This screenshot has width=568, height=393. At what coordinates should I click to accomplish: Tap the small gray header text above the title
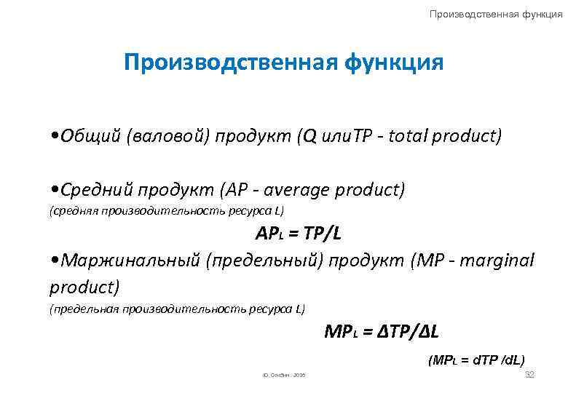[x=496, y=14]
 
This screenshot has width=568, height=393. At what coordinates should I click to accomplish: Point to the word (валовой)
[x=167, y=138]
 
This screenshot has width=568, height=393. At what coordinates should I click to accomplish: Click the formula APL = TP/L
[x=298, y=235]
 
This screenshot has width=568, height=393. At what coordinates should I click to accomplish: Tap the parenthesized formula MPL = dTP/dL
[x=477, y=360]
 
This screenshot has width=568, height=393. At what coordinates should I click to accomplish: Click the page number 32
[x=529, y=374]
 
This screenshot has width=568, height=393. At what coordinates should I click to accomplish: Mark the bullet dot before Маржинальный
[x=55, y=261]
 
